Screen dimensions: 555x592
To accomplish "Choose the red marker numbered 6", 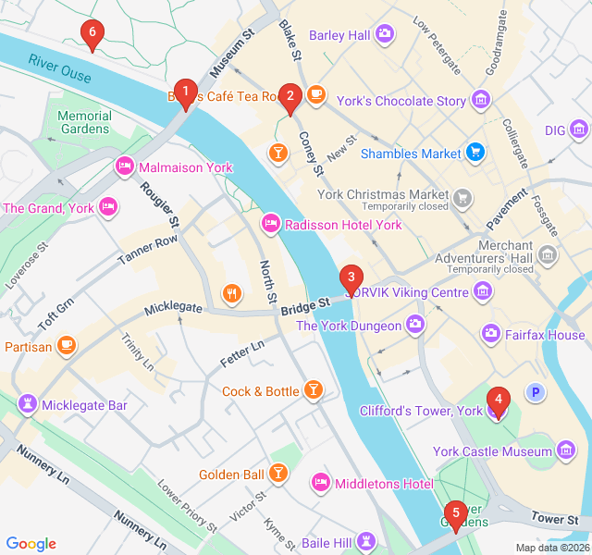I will pyautogui.click(x=91, y=34).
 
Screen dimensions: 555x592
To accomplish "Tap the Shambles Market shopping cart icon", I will pyautogui.click(x=475, y=153).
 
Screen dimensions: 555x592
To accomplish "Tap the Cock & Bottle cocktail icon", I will pyautogui.click(x=314, y=391).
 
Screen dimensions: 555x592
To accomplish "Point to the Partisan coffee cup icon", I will pyautogui.click(x=66, y=346).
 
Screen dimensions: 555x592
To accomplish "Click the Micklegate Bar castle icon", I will pyautogui.click(x=28, y=405).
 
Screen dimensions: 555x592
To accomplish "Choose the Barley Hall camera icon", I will pyautogui.click(x=385, y=35).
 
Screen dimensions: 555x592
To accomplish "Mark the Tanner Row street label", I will pyautogui.click(x=147, y=250).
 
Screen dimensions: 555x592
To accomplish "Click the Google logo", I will pyautogui.click(x=31, y=544).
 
